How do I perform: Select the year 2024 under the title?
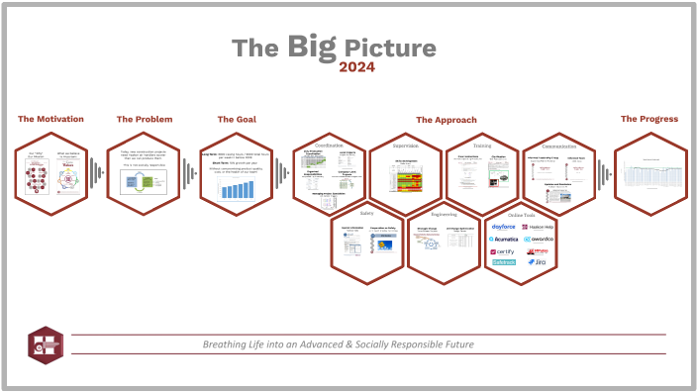click(x=357, y=67)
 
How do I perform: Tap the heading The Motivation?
click(x=50, y=119)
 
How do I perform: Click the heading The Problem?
click(x=145, y=119)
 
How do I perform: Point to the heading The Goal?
click(x=237, y=119)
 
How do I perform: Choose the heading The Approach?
click(x=446, y=120)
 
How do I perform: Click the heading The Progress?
click(x=649, y=119)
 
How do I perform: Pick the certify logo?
click(x=504, y=251)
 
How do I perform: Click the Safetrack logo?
click(x=504, y=262)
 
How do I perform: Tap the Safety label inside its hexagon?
click(x=366, y=211)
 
